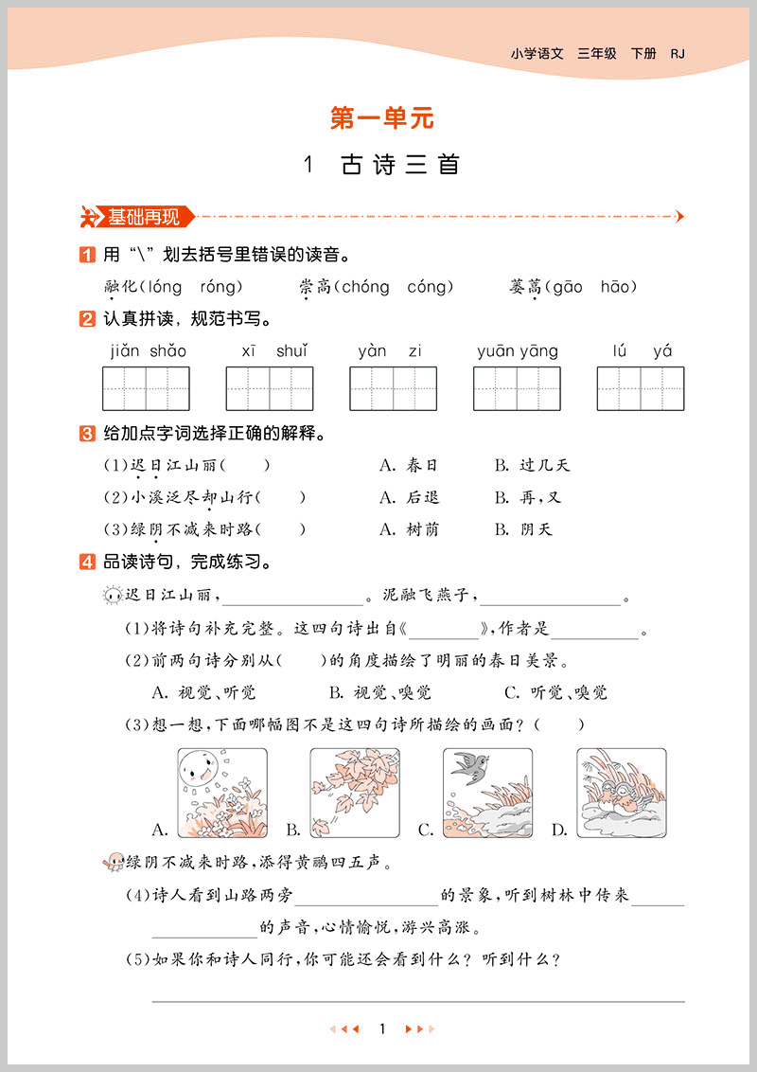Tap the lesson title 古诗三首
coord(398,165)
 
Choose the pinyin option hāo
coord(619,287)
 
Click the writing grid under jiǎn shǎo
coord(146,388)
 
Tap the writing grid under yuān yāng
coord(517,388)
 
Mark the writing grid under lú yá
coord(641,388)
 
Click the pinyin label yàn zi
coord(390,351)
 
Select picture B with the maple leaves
coord(354,794)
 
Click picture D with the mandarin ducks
coord(621,794)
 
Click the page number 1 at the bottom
coord(381,1029)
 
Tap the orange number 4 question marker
coord(86,563)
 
